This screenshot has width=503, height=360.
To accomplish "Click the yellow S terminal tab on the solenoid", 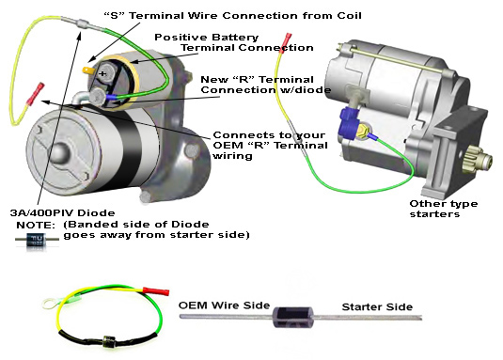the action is pos(87,70).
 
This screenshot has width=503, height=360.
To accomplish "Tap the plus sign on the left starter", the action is pos(102,73).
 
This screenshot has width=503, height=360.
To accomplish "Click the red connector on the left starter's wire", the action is pos(35,94).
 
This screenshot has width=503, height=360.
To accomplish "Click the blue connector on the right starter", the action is pos(350,124).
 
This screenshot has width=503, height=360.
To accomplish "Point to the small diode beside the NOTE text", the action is pos(37,240).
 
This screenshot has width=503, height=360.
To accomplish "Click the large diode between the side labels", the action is pos(292,317).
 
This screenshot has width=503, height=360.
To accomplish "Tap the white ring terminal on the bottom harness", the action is pos(50,304).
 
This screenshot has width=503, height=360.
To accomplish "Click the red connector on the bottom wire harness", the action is pos(156,291).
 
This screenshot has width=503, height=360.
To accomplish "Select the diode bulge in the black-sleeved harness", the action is pos(109,341).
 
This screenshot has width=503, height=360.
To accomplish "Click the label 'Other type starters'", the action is pos(444,209).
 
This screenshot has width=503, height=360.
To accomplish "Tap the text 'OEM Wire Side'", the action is pos(224,305).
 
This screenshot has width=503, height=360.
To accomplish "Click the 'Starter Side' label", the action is pos(377,306).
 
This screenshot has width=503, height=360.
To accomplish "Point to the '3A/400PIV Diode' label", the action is pos(63,212).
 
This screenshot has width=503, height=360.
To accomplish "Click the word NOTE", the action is pos(36,225).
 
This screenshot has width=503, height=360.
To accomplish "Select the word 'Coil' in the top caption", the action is pos(349,16).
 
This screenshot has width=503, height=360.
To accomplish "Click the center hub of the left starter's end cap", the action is pos(59,152).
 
